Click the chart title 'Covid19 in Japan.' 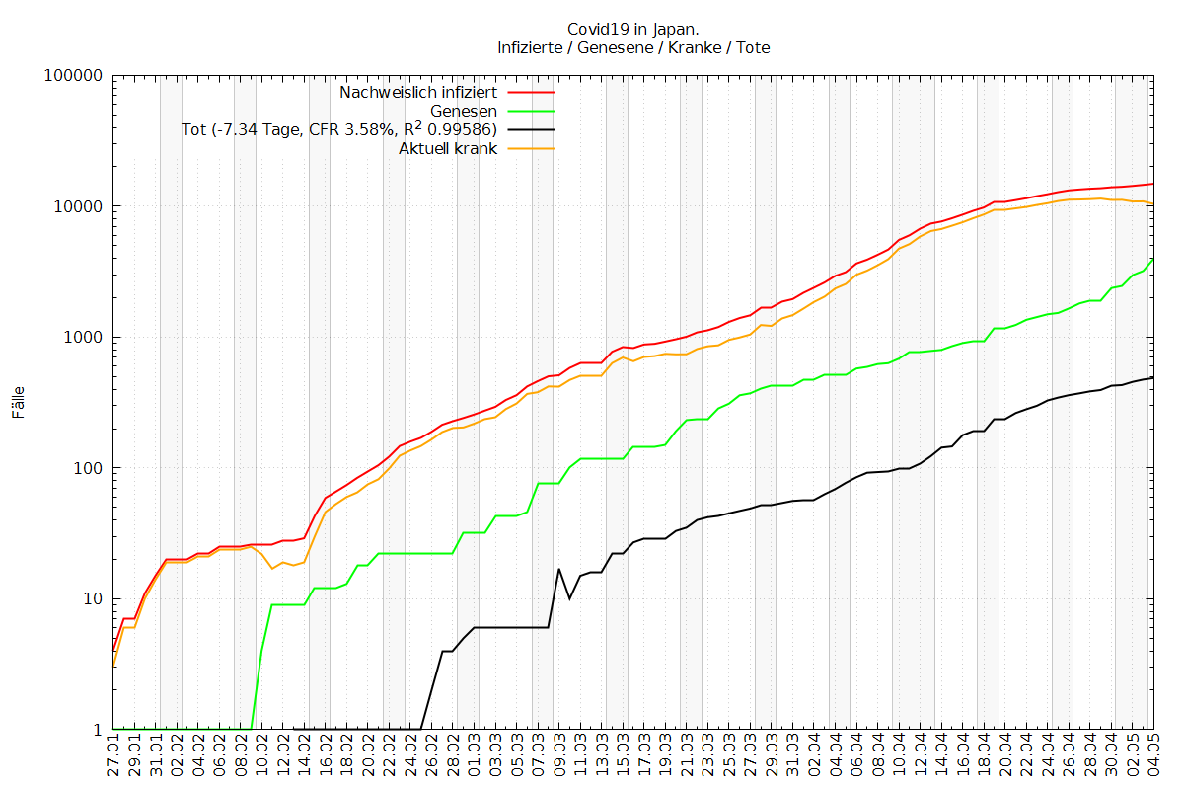coord(633,29)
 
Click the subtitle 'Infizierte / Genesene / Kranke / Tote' coord(633,47)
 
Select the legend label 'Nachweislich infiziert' coord(418,93)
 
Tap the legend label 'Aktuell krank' coord(448,149)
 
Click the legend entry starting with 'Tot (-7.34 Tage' coord(339,130)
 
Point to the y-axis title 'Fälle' coord(18,403)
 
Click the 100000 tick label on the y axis coord(76,76)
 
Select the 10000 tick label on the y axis coord(80,206)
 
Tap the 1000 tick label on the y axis coord(84,338)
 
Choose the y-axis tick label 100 coord(88,468)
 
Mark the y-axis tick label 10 coord(92,599)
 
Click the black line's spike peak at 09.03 coord(559,569)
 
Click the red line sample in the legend coord(530,93)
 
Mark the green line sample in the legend coord(530,112)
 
